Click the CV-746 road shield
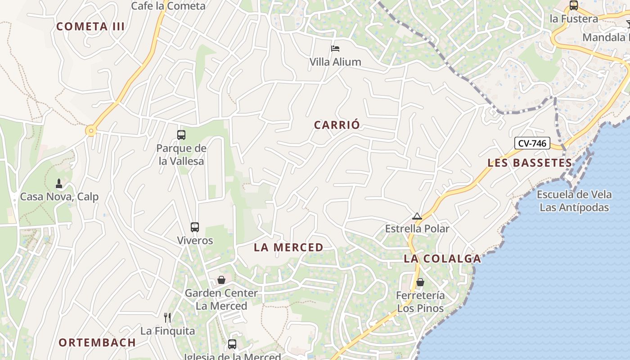point(532,144)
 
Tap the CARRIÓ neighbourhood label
point(337,125)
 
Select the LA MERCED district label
point(288,247)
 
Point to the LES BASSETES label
point(530,163)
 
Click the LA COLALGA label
point(442,259)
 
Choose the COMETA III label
point(90,27)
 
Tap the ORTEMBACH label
point(97,342)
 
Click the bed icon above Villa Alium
point(335,49)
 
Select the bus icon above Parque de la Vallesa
point(181,135)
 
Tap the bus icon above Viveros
point(195,227)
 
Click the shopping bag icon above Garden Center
point(221,280)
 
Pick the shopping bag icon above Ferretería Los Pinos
point(420,282)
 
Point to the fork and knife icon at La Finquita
point(167,318)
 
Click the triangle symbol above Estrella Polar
point(417,216)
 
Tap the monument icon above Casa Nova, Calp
point(59,184)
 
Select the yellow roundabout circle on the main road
point(91,131)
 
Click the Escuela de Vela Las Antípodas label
point(574,201)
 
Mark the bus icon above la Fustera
point(573,6)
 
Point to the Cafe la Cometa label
point(168,6)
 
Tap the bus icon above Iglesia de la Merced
point(232,344)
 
